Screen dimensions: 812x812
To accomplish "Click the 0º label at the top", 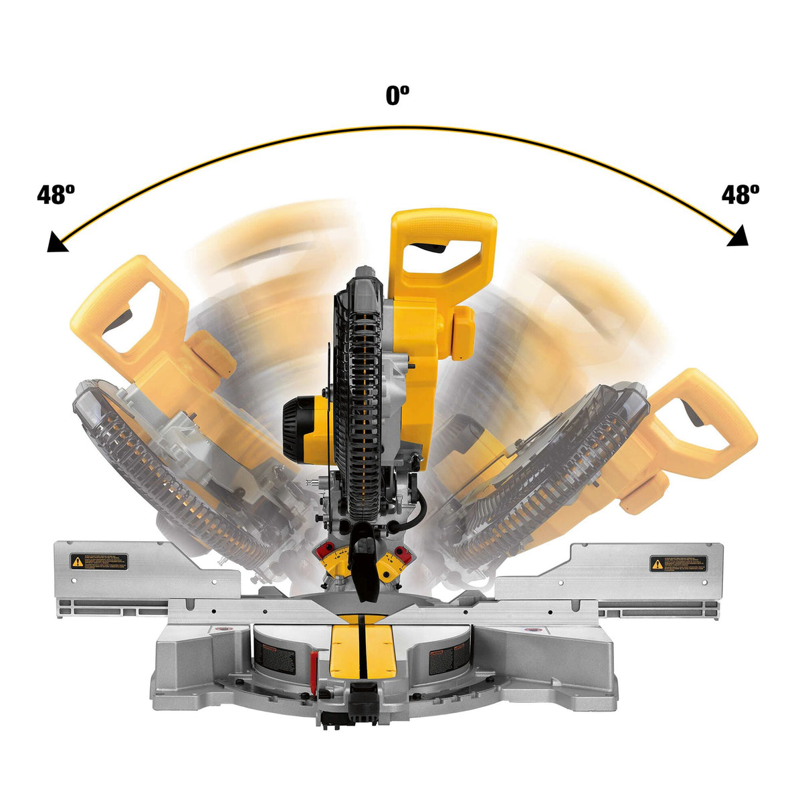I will tap(397, 96).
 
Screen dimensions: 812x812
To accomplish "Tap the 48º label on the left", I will tap(56, 195).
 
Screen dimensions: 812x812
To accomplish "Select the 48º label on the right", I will tap(740, 195).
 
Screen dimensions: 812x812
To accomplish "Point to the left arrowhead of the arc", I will tap(56, 242).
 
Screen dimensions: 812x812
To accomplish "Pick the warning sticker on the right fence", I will tap(678, 563).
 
